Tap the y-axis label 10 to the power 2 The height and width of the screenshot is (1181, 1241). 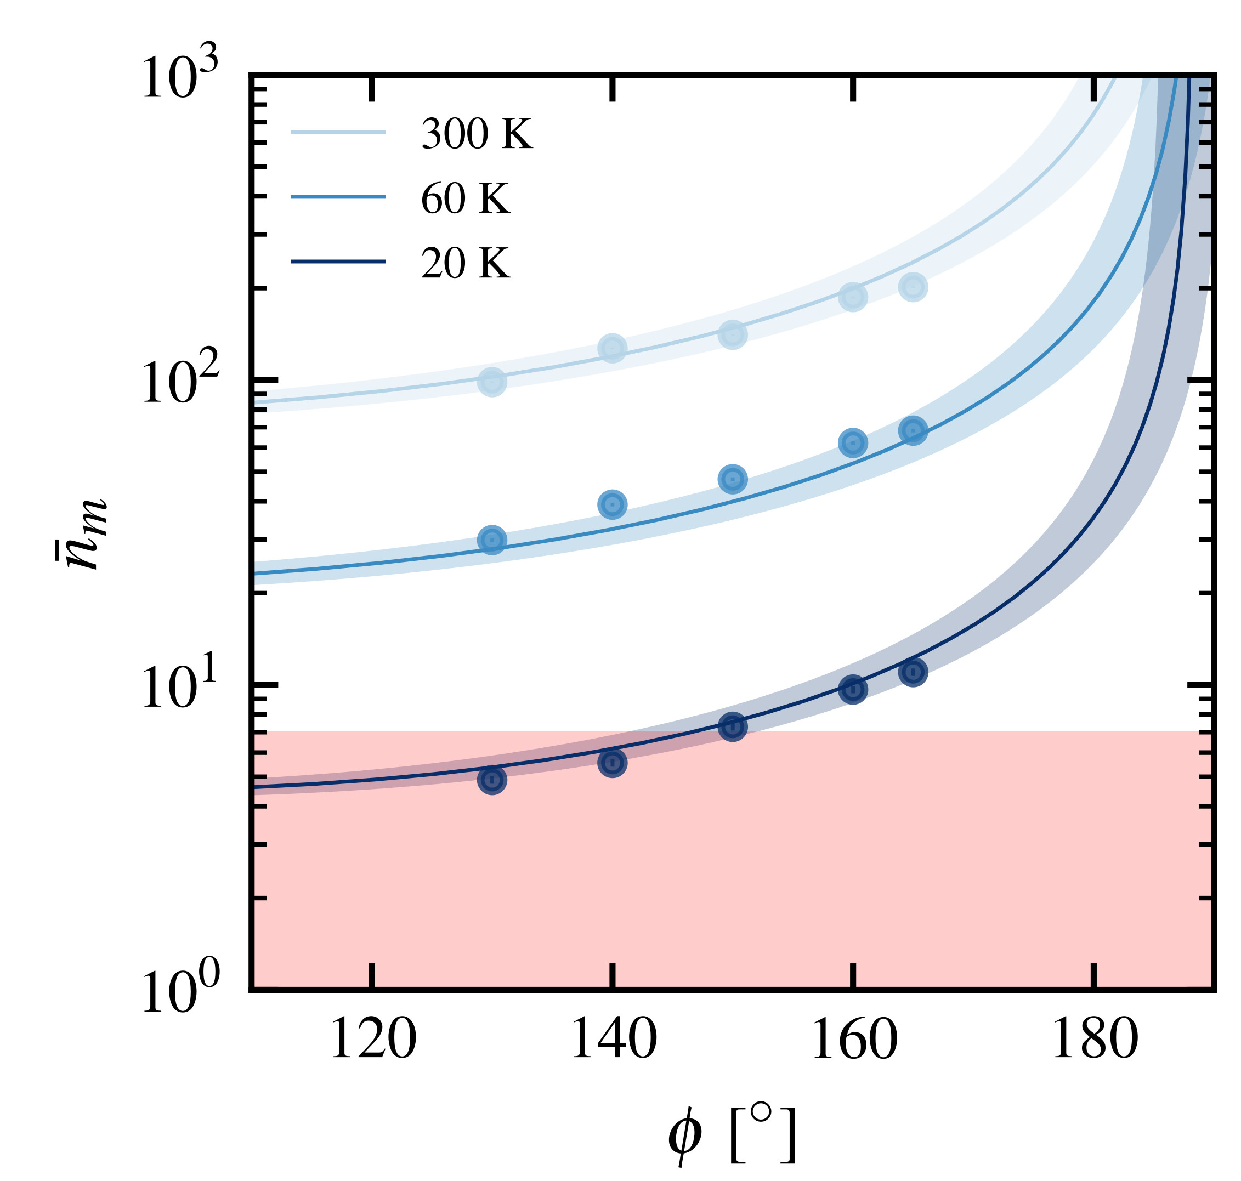point(180,383)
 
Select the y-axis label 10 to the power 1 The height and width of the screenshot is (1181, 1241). point(180,688)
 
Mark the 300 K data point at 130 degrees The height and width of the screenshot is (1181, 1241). point(492,382)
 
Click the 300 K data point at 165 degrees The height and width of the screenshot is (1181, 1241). point(913,287)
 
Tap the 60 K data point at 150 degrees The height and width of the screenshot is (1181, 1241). point(732,480)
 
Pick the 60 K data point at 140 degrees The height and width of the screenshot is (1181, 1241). point(612,504)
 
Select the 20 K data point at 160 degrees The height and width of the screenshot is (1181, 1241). point(853,689)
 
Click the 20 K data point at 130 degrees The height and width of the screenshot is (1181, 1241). point(492,781)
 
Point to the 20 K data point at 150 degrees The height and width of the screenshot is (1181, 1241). point(732,726)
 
